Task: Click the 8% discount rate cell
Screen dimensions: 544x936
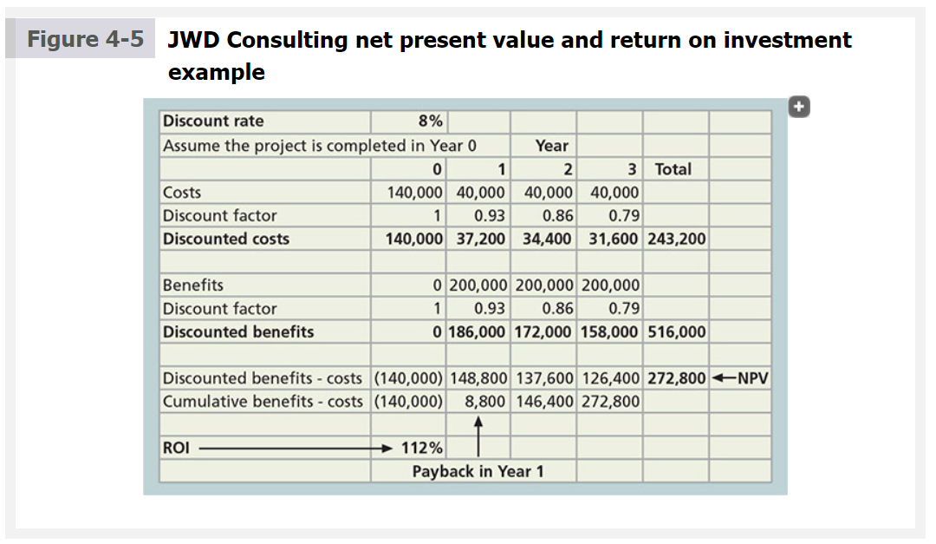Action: pyautogui.click(x=430, y=121)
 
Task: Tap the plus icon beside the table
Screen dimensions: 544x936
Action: pyautogui.click(x=800, y=107)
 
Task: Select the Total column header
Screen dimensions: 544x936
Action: pyautogui.click(x=673, y=169)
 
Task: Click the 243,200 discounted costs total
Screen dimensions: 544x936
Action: pyautogui.click(x=675, y=239)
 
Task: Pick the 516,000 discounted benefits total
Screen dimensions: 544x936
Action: pyautogui.click(x=675, y=331)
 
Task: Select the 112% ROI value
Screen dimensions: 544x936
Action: pyautogui.click(x=422, y=448)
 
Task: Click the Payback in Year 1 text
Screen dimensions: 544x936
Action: pyautogui.click(x=478, y=471)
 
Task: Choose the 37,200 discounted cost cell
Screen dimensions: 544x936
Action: pyautogui.click(x=480, y=239)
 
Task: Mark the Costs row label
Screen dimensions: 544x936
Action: pyautogui.click(x=182, y=193)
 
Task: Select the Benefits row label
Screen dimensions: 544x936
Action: pyautogui.click(x=192, y=285)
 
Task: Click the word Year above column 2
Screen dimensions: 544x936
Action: pyautogui.click(x=551, y=146)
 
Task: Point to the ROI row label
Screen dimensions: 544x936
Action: pyautogui.click(x=175, y=448)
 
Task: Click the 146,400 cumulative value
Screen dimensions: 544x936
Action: pyautogui.click(x=543, y=402)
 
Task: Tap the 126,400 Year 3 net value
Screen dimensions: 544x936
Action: pyautogui.click(x=609, y=378)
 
